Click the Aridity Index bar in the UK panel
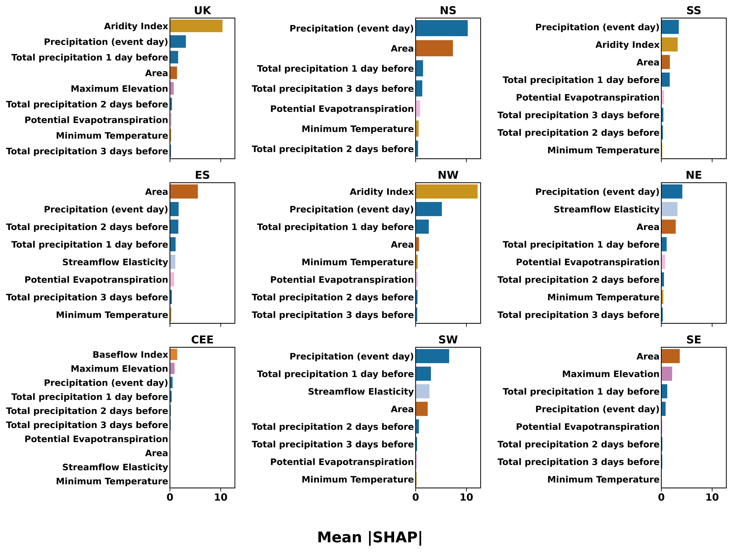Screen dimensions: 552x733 coord(196,26)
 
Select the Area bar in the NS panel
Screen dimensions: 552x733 coord(434,48)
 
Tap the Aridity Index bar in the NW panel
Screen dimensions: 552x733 coord(446,192)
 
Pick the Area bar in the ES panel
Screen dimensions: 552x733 coord(184,192)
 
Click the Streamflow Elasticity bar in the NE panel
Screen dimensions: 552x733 coord(669,209)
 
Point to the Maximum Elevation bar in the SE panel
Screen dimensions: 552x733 coord(667,374)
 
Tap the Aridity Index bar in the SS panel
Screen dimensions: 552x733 coord(669,44)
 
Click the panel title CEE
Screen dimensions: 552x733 coord(202,340)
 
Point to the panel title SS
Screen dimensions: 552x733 coord(694,11)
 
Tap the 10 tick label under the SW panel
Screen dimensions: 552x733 coord(466,497)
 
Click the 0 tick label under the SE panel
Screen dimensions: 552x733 coord(661,497)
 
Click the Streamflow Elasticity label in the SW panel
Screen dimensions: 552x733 coord(361,392)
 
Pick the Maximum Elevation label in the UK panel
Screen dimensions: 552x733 coord(119,89)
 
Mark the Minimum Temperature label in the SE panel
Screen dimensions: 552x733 coord(603,479)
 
